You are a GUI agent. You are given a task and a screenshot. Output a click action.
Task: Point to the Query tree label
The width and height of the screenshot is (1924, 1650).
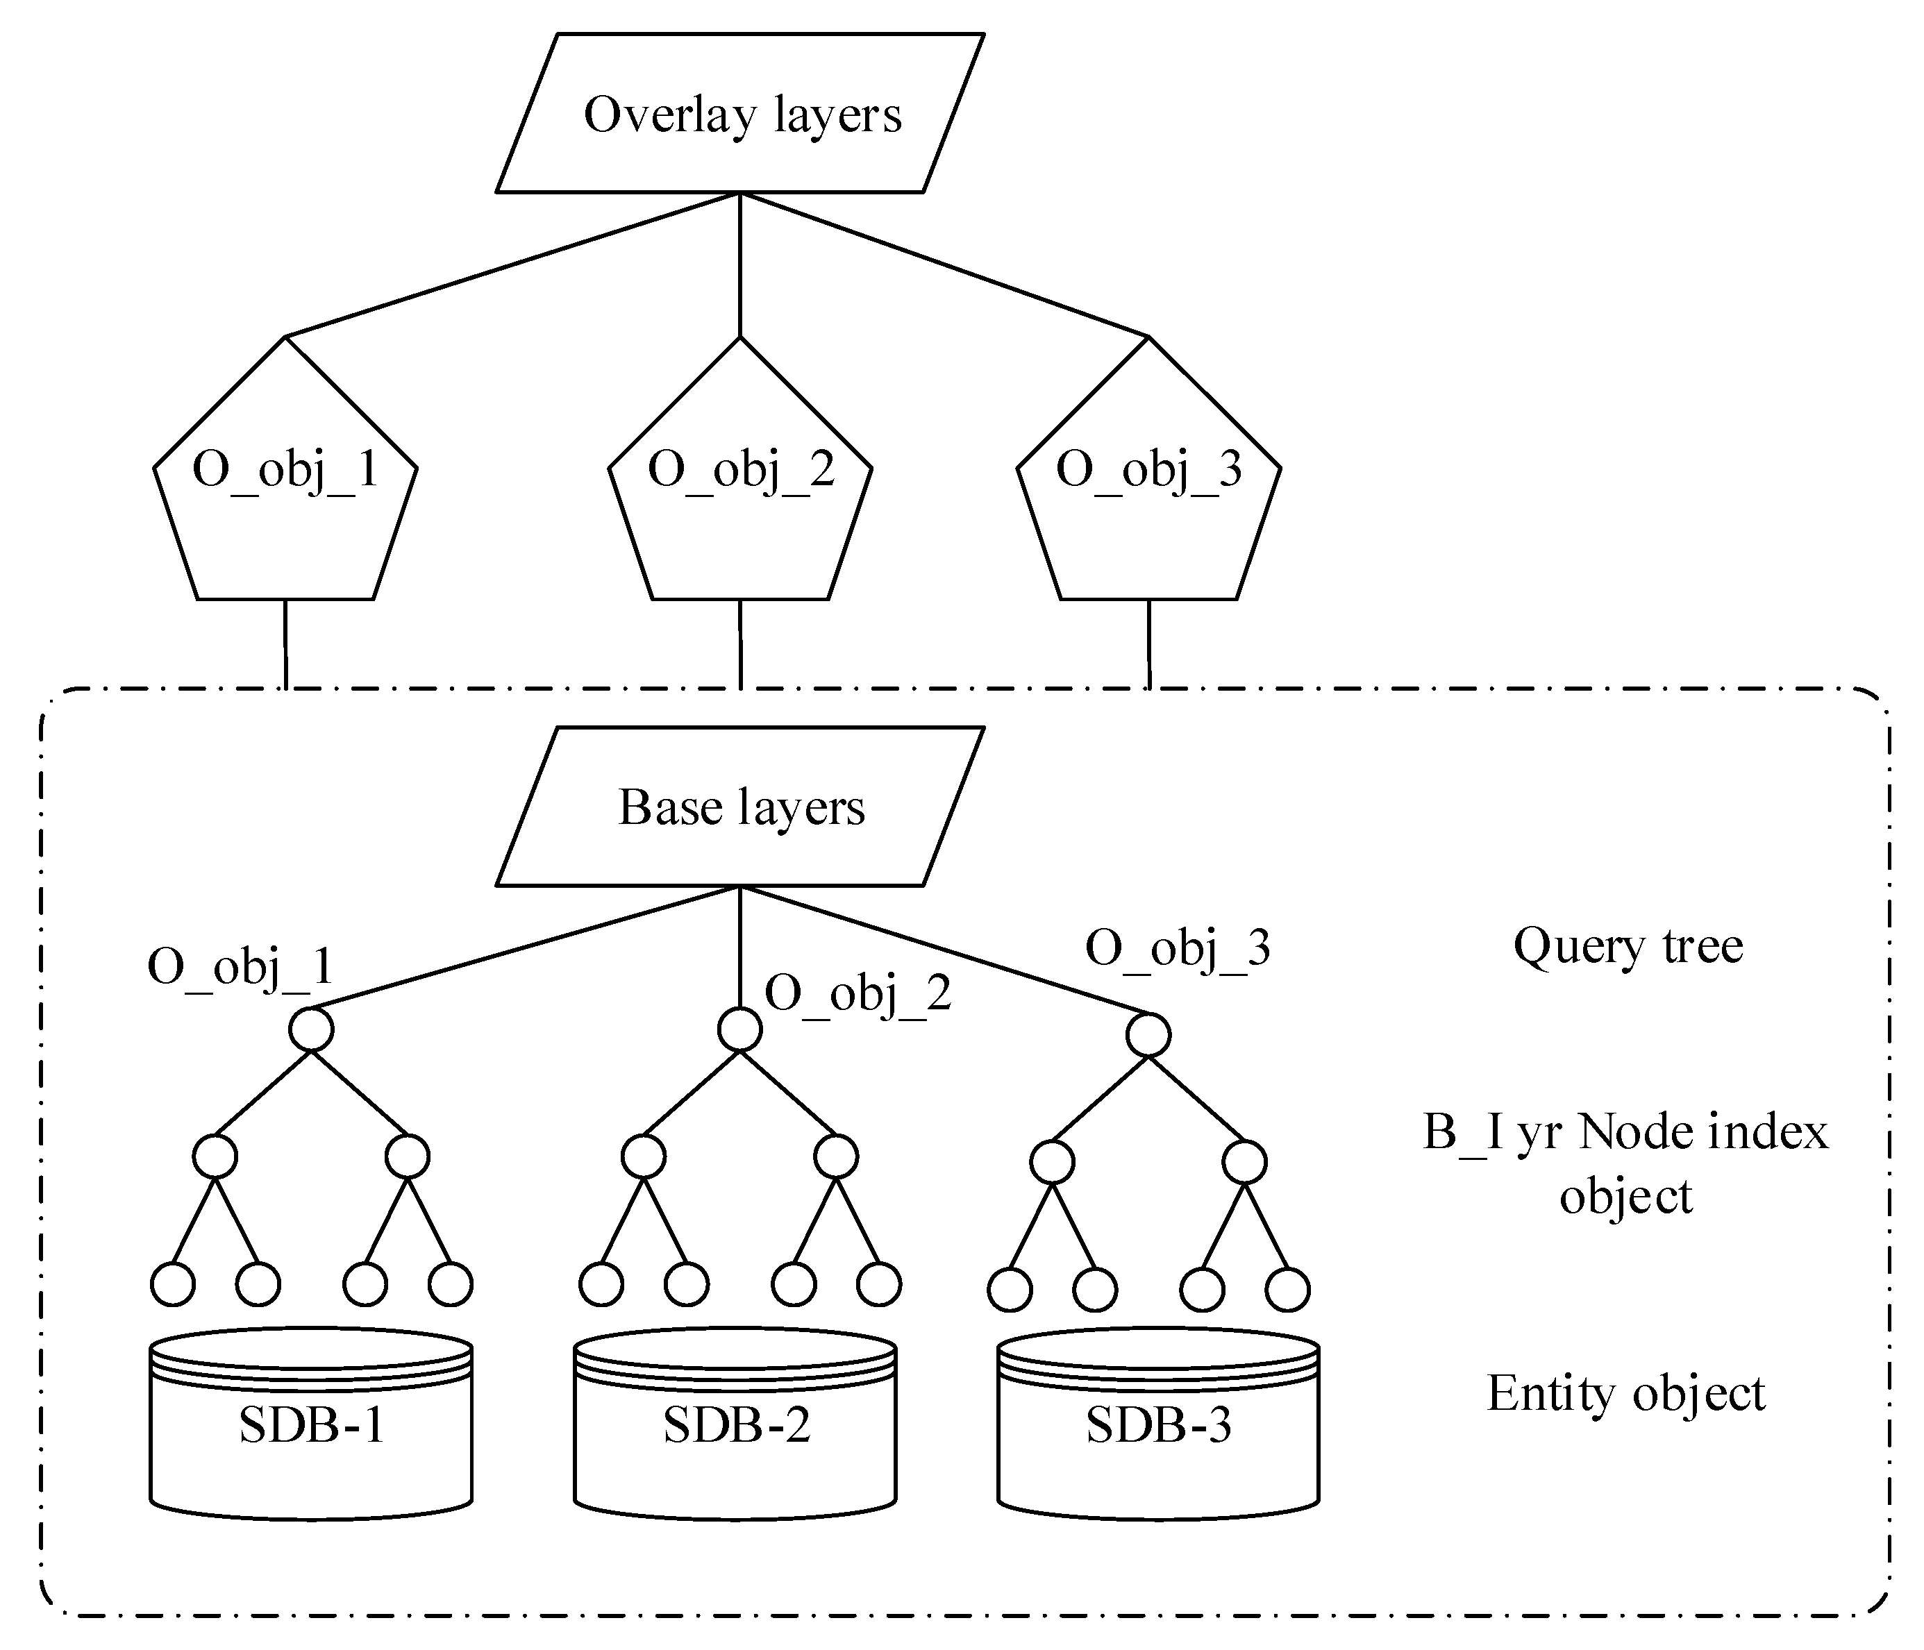(x=1628, y=946)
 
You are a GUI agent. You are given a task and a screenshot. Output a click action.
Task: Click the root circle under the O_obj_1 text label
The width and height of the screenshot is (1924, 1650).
(x=311, y=1029)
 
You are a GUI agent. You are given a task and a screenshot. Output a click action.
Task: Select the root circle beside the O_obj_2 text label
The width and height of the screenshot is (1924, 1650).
(x=740, y=1029)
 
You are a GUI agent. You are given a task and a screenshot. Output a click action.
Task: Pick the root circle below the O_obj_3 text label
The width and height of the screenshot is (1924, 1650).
(x=1148, y=1035)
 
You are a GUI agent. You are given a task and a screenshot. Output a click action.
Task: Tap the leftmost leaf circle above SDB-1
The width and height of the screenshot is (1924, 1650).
(x=173, y=1284)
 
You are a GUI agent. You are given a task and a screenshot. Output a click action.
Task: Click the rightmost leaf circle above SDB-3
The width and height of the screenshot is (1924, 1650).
(x=1287, y=1290)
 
